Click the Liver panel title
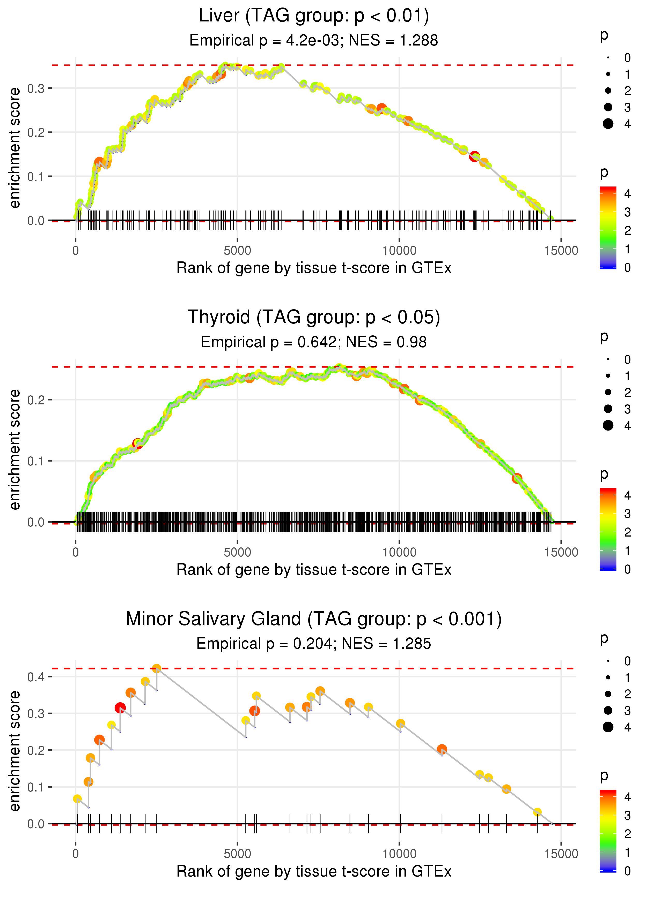pyautogui.click(x=314, y=16)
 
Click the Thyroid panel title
pyautogui.click(x=314, y=318)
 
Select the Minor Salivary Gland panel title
pyautogui.click(x=314, y=619)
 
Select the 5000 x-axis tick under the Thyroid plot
pyautogui.click(x=237, y=552)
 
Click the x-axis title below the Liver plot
pyautogui.click(x=314, y=268)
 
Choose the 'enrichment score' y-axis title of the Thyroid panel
pyautogui.click(x=15, y=449)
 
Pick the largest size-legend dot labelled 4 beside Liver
pyautogui.click(x=608, y=124)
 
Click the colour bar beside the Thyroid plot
pyautogui.click(x=608, y=529)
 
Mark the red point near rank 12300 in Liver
pyautogui.click(x=474, y=156)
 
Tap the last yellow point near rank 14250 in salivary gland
pyautogui.click(x=537, y=812)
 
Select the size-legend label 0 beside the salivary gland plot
pyautogui.click(x=628, y=661)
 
